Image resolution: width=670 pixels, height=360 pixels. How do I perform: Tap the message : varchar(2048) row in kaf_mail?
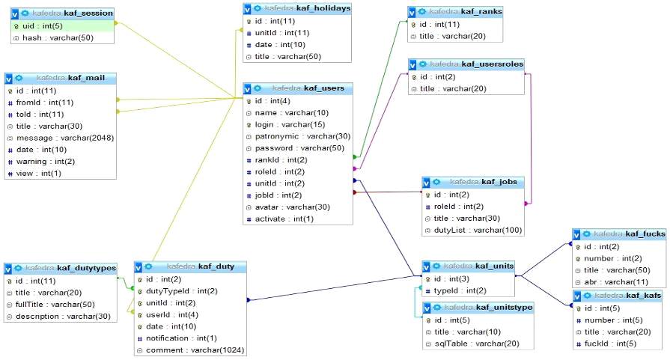61,138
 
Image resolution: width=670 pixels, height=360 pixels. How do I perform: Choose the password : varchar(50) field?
296,148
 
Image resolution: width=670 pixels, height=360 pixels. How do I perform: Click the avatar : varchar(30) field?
287,207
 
